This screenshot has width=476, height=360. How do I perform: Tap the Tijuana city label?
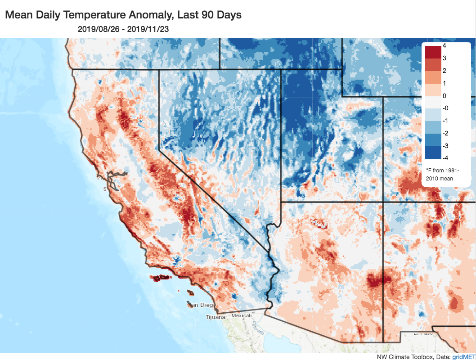coord(216,317)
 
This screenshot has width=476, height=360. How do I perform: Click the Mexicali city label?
coord(241,316)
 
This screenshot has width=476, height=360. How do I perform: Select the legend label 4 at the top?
coord(444,45)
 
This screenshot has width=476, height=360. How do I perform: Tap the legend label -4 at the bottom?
coord(445,158)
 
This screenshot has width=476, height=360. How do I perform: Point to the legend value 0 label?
coord(444,96)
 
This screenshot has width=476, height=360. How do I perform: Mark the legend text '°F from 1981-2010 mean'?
coord(439,175)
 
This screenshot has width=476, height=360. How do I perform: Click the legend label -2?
coord(445,134)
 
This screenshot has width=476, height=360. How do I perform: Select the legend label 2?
coord(444,71)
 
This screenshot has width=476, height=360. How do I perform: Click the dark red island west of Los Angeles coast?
coord(160,278)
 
